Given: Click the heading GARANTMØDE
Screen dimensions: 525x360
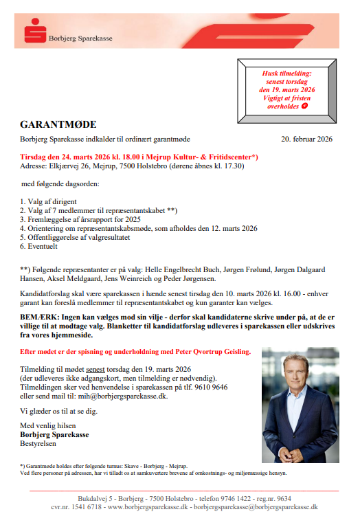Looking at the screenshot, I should pos(58,125).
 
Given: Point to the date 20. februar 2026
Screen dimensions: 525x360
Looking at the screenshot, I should pos(307,139).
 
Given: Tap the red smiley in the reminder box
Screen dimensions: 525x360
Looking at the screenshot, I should pos(304,107).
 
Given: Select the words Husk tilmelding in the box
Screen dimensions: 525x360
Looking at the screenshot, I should pos(286,72).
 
